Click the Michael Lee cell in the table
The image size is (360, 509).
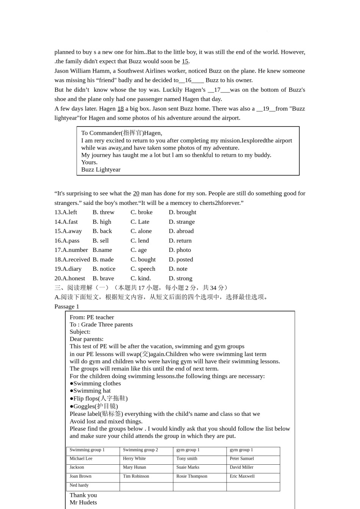[81, 459]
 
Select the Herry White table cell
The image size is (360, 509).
[134, 459]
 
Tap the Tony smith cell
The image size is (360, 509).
[186, 459]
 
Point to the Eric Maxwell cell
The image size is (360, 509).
[242, 476]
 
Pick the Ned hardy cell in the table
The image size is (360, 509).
[79, 486]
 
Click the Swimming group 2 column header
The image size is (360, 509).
[140, 450]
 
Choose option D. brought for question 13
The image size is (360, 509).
[182, 212]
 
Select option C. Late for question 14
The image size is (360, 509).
[140, 222]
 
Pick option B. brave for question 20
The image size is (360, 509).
[103, 278]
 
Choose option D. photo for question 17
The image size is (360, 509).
[180, 250]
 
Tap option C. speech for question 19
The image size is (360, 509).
[143, 269]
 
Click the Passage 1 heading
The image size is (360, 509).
[67, 307]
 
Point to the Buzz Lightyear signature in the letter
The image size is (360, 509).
[101, 170]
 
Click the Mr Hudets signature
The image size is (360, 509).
[83, 503]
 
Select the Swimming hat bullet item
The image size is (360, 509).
[90, 391]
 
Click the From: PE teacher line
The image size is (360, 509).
[92, 317]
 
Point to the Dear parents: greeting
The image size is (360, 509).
[86, 339]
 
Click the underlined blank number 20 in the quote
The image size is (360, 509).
[136, 194]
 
